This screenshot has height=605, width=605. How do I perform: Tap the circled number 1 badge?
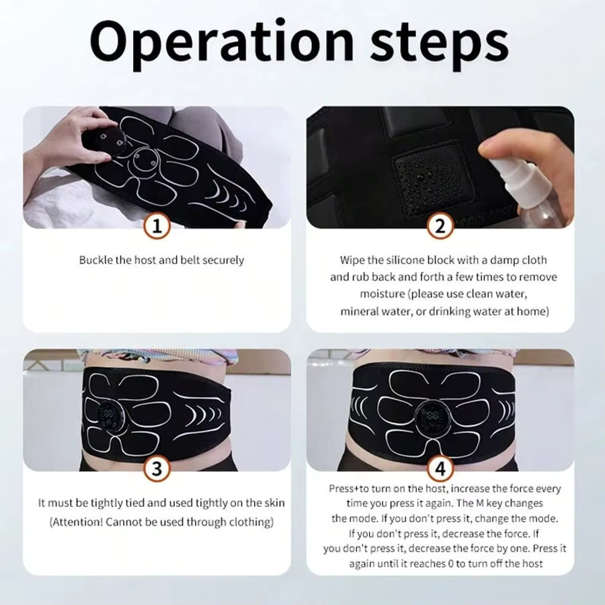click(x=157, y=226)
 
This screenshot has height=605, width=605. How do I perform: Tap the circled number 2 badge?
click(x=440, y=226)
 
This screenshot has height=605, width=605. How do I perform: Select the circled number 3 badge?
click(x=157, y=469)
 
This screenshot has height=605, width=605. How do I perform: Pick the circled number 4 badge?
click(x=440, y=469)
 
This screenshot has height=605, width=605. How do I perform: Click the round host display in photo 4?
click(x=432, y=417)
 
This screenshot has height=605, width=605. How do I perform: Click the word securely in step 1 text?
click(x=223, y=260)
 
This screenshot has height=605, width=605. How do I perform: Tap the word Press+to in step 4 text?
click(x=349, y=489)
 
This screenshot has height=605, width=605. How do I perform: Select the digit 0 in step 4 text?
click(x=450, y=564)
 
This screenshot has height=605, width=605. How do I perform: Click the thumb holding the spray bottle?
click(x=495, y=148)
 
